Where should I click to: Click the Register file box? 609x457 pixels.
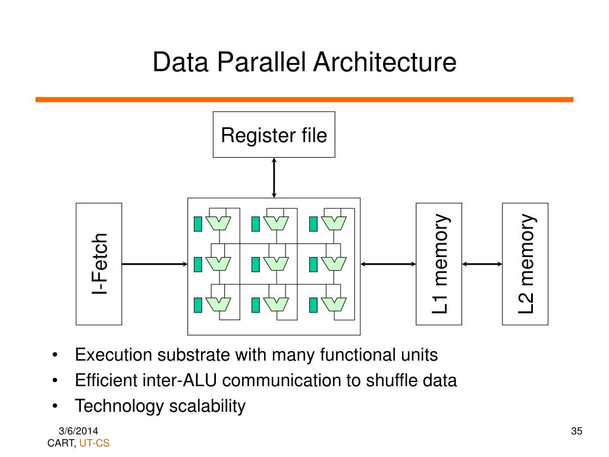[x=274, y=134]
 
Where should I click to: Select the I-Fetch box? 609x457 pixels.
[x=99, y=264]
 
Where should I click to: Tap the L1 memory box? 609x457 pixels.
[x=439, y=264]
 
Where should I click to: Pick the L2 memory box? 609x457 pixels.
[x=525, y=264]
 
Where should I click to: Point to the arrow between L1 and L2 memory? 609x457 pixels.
[x=482, y=264]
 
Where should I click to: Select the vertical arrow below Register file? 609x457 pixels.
[x=274, y=177]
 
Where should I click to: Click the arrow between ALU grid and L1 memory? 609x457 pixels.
[x=388, y=264]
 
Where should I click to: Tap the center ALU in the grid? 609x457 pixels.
[x=276, y=262]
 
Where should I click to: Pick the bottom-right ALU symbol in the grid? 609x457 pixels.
[x=334, y=304]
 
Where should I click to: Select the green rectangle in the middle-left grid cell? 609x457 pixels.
[x=198, y=263]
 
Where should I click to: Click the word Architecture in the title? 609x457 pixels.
[x=386, y=62]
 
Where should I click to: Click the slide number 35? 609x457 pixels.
[x=575, y=431]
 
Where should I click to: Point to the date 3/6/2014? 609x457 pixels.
[x=79, y=431]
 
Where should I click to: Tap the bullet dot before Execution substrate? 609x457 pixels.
[x=55, y=356]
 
